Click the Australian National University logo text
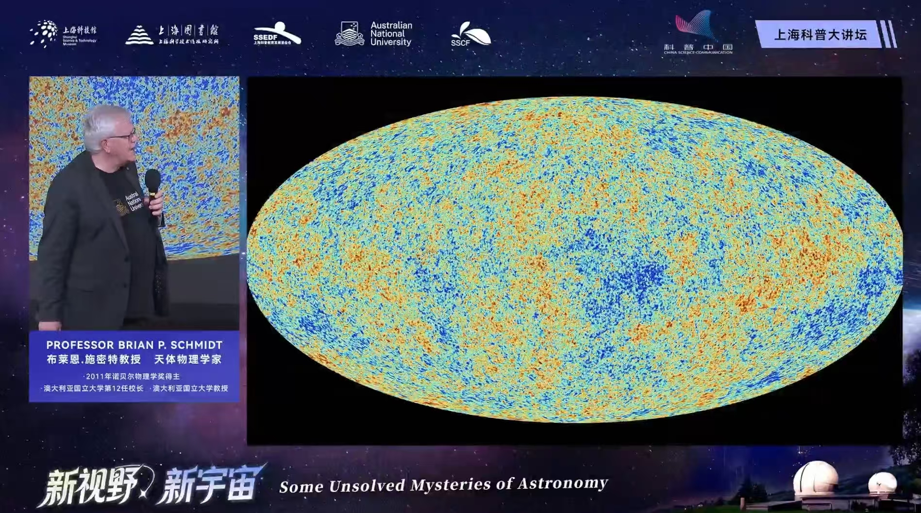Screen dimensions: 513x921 [x=391, y=33]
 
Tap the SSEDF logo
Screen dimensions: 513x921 [x=277, y=34]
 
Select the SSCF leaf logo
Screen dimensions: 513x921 [x=470, y=34]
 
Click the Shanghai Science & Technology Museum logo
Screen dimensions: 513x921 [x=63, y=33]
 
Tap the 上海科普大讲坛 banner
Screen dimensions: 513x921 [x=820, y=34]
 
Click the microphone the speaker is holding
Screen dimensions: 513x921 [x=153, y=182]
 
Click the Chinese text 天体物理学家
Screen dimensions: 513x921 [x=187, y=359]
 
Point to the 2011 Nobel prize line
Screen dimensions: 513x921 [x=132, y=376]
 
